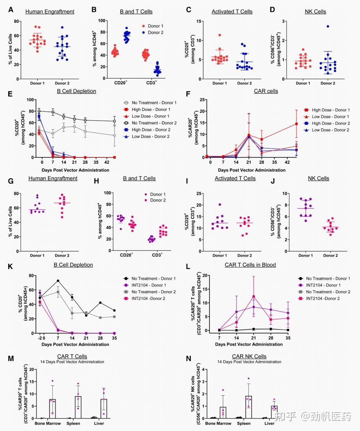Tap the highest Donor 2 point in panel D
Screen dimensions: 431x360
point(327,27)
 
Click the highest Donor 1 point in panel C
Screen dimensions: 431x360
point(220,35)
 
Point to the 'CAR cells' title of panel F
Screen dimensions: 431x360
point(266,91)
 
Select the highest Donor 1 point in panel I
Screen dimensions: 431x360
point(220,204)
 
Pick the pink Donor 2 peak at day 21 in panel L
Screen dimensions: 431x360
point(254,296)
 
